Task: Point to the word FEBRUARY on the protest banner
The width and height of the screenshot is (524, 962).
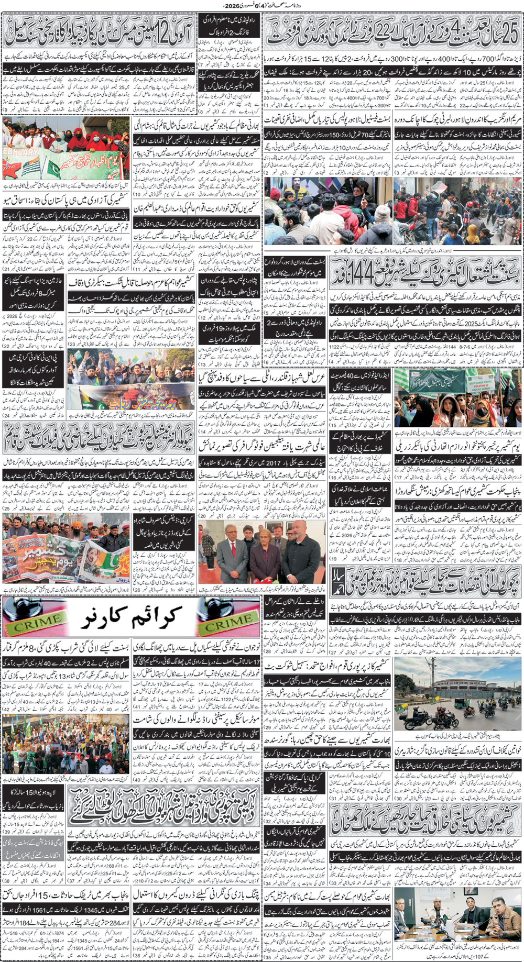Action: tap(20, 152)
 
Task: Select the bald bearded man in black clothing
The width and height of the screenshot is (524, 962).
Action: tap(305, 550)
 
